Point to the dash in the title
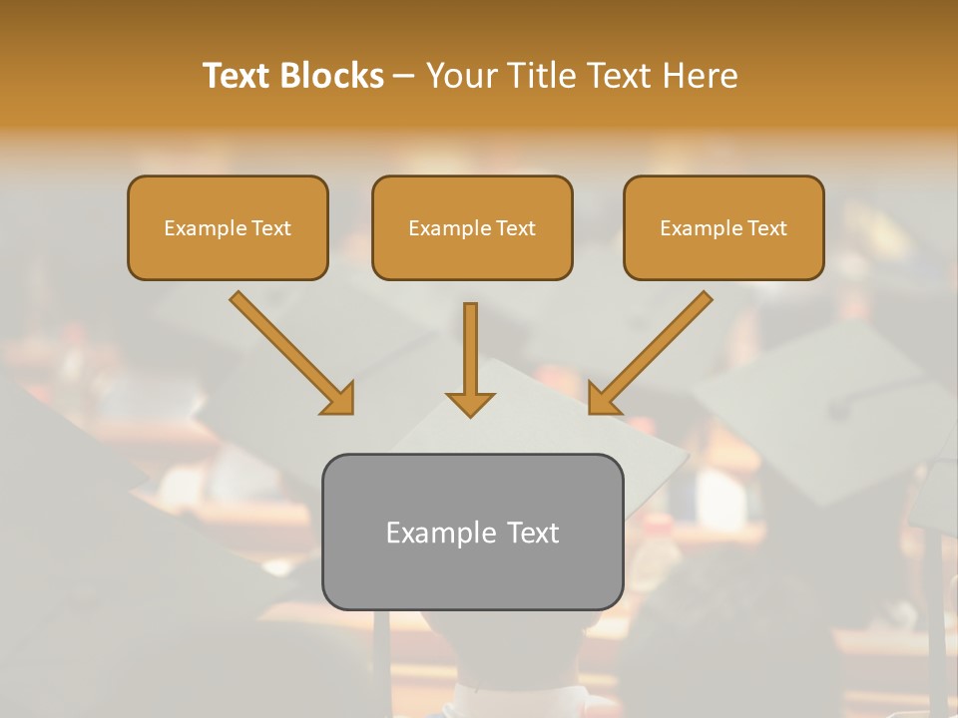tap(404, 77)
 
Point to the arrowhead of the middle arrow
tap(470, 404)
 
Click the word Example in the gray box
tap(434, 534)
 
